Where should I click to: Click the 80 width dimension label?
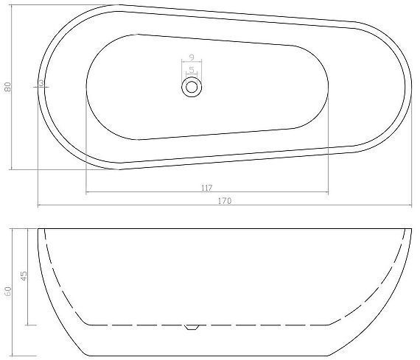coord(8,86)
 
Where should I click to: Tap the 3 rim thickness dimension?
coord(42,84)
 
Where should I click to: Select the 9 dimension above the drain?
coord(192,57)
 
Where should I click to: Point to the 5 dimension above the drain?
coord(192,70)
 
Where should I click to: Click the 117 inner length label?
coord(207,188)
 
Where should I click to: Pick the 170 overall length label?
coord(222,200)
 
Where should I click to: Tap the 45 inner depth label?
coord(24,276)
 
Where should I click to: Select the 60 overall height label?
coord(8,292)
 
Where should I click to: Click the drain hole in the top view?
coord(192,87)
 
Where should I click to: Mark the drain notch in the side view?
coord(192,327)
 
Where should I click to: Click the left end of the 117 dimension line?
coord(86,194)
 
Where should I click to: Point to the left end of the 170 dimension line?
coord(38,206)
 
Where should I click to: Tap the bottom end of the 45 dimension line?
coord(28,325)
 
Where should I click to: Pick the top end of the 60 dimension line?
coord(13,229)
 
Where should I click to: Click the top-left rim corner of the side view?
coord(38,229)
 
